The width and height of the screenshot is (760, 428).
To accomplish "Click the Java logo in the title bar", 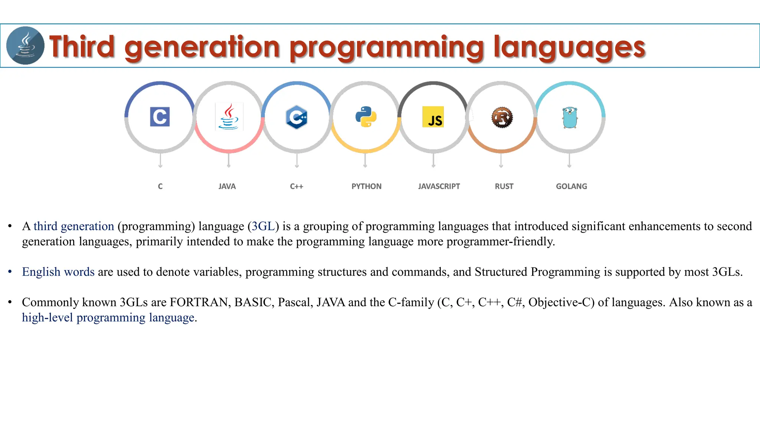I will coord(25,45).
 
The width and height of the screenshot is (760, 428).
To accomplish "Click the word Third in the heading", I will coord(82,47).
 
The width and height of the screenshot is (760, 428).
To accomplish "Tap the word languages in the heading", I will coord(569,48).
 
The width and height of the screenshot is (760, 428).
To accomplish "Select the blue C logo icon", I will coord(160,117).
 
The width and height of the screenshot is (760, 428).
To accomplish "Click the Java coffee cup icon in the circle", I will coord(229,117).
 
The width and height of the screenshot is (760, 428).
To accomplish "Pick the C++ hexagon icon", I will coord(297,117).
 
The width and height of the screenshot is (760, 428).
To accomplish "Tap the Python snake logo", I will coord(366,117).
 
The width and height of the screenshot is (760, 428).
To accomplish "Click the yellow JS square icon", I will coord(433,117).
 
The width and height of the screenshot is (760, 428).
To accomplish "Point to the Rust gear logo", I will coord(502,117).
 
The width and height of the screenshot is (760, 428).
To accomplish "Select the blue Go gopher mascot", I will coord(570,117).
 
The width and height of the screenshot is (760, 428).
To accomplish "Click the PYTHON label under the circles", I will coord(366,187).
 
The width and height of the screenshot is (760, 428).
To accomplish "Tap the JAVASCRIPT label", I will coord(439,187).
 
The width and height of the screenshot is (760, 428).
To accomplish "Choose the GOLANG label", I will coord(571,187).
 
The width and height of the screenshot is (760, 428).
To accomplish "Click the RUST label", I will coord(504,187).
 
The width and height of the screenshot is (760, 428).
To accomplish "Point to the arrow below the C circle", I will coord(160,161).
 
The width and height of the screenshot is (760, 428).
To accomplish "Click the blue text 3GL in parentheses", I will coord(263,226).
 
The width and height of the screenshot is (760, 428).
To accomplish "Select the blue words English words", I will coord(58,272).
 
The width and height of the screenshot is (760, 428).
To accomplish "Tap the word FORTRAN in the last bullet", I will coord(200,302).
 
